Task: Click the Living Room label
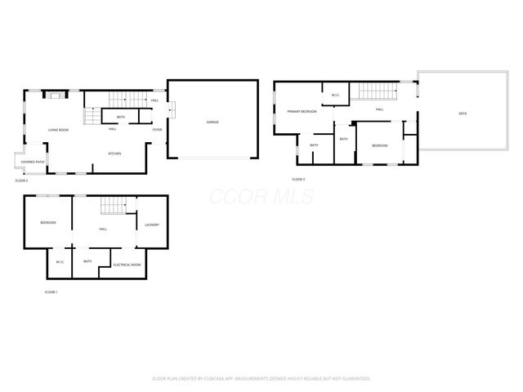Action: click(57, 130)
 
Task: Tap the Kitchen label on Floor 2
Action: click(116, 153)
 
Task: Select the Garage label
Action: click(212, 122)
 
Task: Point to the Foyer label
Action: click(156, 128)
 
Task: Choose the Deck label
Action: click(462, 114)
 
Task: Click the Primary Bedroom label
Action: click(302, 111)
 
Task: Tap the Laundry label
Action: click(151, 225)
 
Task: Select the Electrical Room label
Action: click(127, 265)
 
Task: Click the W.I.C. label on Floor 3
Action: click(335, 96)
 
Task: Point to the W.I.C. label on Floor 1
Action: click(60, 261)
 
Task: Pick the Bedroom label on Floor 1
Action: click(48, 222)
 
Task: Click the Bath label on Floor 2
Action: click(120, 117)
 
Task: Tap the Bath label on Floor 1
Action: click(87, 261)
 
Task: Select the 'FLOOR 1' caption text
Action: click(51, 292)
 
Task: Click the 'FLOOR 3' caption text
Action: click(298, 179)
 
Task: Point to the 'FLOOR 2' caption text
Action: click(22, 180)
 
